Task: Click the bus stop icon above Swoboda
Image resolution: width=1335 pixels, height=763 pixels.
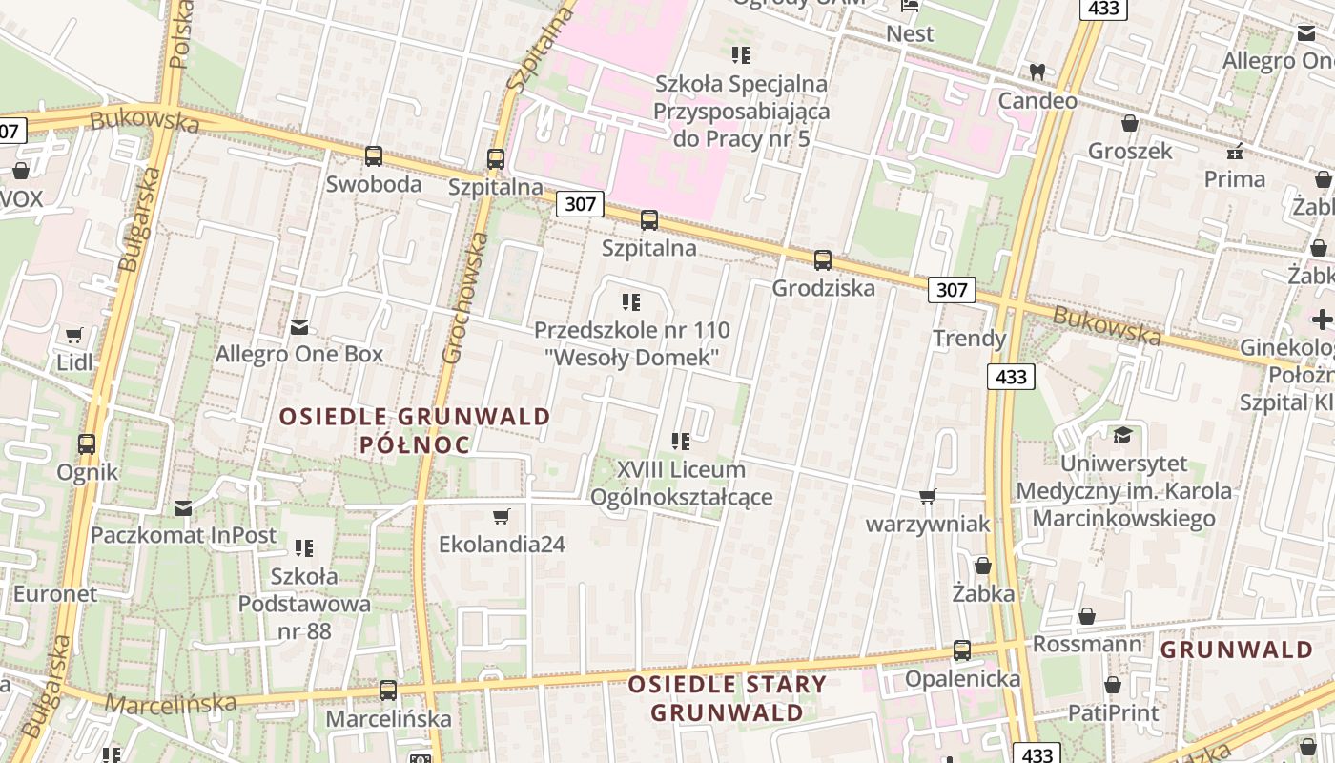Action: coord(374,155)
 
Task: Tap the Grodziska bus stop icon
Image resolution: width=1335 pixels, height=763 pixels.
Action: coord(822,259)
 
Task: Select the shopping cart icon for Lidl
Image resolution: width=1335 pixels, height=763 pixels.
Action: coord(74,335)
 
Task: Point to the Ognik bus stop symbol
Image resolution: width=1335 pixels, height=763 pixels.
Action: coord(87,443)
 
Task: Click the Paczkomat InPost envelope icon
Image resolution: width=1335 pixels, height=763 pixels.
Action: coord(183,507)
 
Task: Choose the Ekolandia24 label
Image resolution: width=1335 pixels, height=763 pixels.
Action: coord(502,545)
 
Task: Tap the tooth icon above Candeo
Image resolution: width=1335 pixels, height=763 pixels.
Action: coord(1037,72)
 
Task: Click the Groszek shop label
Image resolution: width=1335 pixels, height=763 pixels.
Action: coord(1130,151)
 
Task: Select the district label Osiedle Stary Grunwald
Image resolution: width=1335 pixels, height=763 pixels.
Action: coord(727,698)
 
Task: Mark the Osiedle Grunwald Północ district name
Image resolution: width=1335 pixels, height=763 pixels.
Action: coord(415,430)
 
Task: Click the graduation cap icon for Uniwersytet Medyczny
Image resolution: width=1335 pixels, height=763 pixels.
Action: coord(1122,435)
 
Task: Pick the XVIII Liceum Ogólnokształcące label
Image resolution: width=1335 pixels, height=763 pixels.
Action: coord(681,484)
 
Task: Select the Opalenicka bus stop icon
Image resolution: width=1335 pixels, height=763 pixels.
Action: coord(962,650)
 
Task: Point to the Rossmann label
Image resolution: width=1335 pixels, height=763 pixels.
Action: coord(1087,645)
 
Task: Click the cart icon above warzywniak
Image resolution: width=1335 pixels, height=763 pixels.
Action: coord(927,496)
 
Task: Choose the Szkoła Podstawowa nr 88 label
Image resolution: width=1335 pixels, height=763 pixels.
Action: coord(304,603)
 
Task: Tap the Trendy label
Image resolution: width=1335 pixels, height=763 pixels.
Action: coord(969,339)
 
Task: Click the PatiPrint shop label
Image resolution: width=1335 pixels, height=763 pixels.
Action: coord(1113,712)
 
